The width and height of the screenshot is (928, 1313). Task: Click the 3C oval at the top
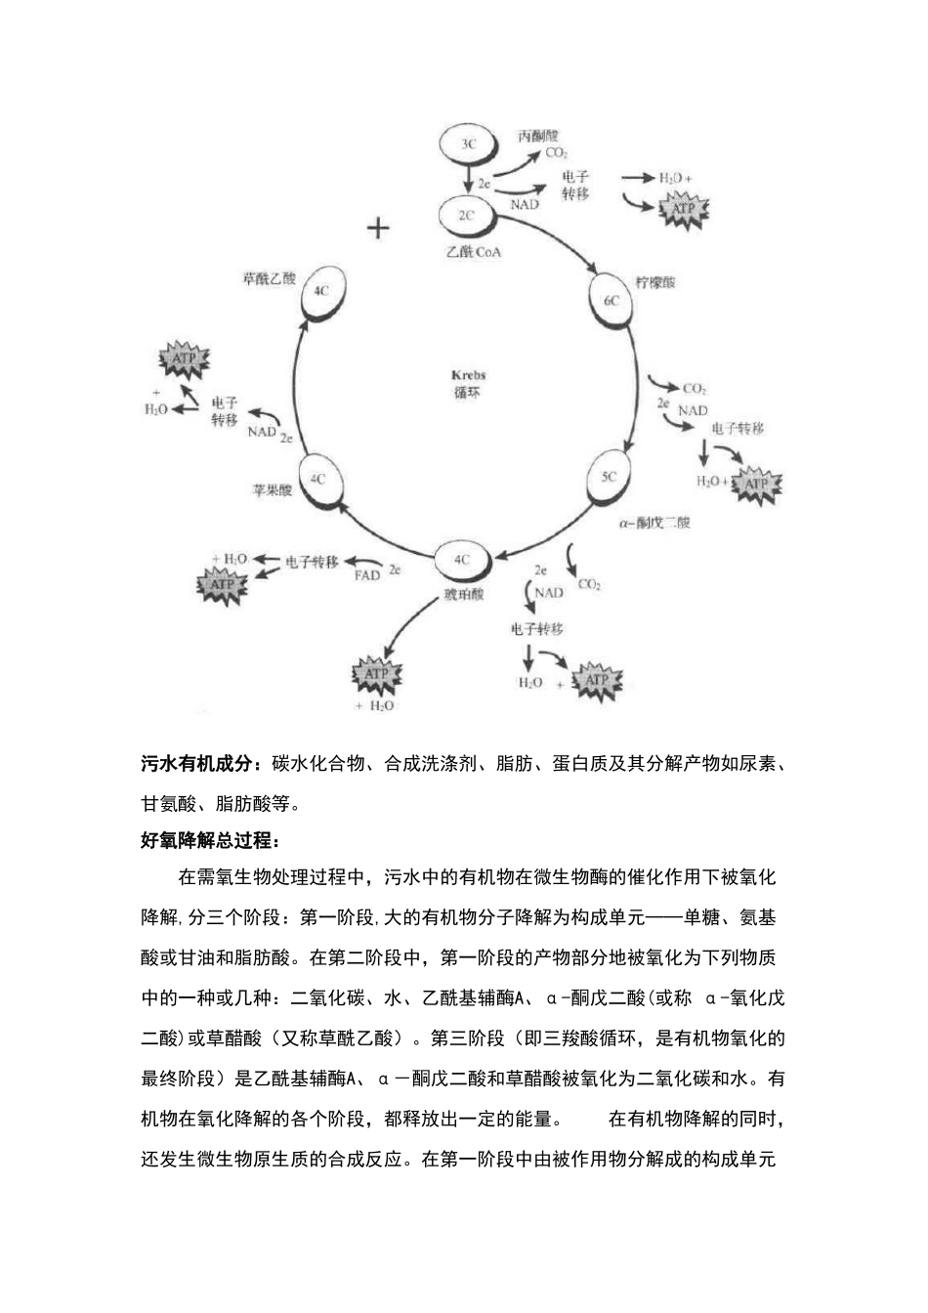(x=469, y=145)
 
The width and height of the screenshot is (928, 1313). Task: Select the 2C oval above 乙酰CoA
(x=467, y=215)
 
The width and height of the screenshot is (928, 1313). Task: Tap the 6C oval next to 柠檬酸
(x=612, y=300)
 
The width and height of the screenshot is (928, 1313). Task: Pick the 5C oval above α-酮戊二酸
(x=609, y=477)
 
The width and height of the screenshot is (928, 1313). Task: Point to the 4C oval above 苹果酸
(x=317, y=479)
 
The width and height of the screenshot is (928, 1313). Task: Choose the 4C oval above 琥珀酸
(x=462, y=560)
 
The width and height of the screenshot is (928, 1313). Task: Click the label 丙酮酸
(x=539, y=136)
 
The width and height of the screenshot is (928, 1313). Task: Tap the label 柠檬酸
(x=655, y=283)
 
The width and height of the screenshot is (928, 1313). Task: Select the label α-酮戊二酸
(x=655, y=524)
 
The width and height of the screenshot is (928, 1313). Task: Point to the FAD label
(x=367, y=575)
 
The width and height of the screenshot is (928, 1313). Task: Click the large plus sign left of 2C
(x=378, y=228)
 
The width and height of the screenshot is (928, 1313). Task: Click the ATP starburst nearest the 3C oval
(x=683, y=208)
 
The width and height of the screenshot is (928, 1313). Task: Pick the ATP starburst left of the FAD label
(x=224, y=585)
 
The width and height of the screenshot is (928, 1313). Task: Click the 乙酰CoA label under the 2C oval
(x=474, y=252)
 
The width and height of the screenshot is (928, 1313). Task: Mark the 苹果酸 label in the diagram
(x=273, y=490)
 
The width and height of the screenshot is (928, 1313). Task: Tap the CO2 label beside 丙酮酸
(x=557, y=153)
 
